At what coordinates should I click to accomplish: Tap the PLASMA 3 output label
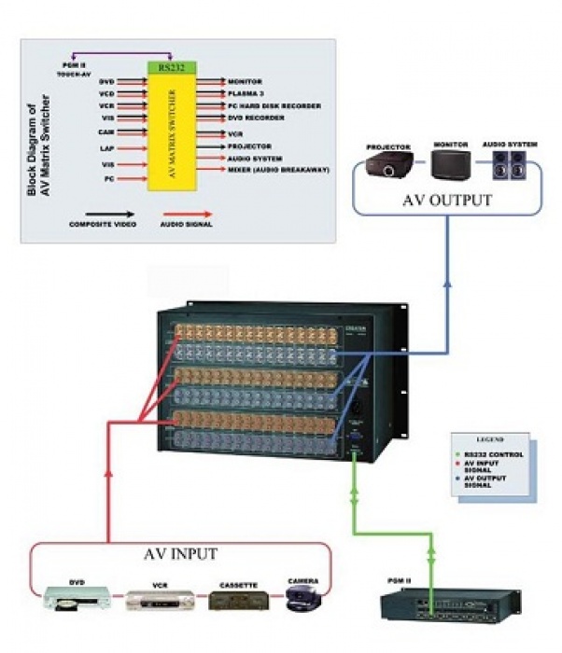[247, 94]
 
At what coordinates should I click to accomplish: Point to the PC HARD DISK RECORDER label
[269, 106]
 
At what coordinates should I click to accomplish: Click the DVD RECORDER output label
[256, 118]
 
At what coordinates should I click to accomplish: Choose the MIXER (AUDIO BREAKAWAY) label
[279, 170]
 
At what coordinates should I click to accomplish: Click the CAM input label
[106, 132]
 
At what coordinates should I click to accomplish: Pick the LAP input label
[107, 148]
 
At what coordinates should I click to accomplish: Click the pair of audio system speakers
[509, 166]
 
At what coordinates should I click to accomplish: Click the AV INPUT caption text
[180, 554]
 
